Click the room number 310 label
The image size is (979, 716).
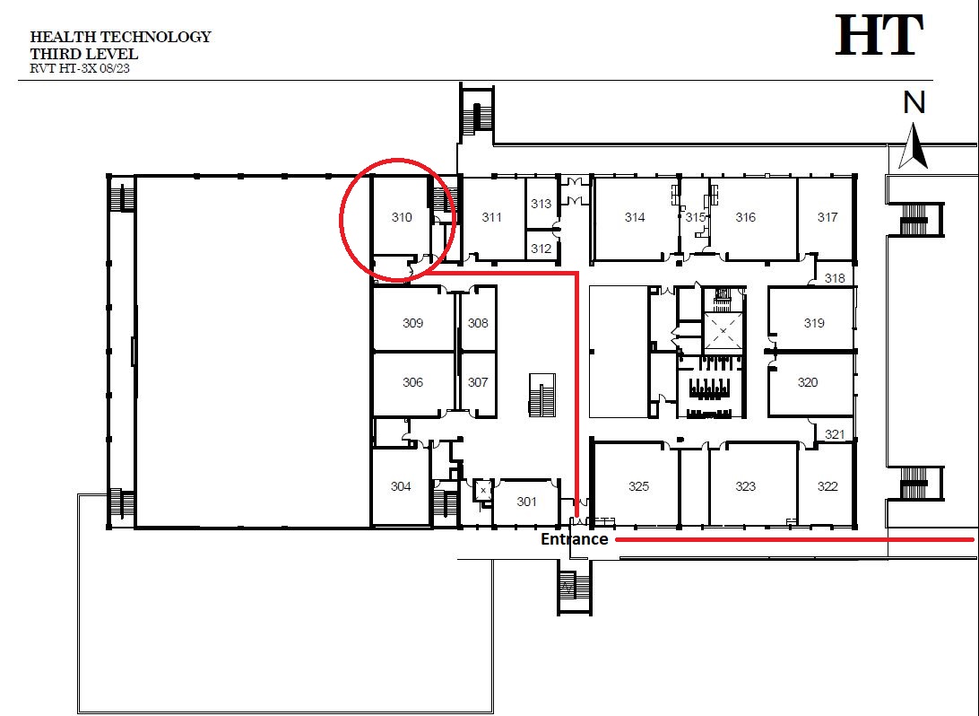pos(402,217)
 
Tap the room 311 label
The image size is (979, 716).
pos(491,217)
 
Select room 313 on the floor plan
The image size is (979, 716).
pos(541,204)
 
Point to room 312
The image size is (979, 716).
pos(541,248)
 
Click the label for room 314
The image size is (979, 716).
pos(635,217)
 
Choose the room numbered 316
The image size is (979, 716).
pos(746,217)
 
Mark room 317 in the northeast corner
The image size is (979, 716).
pos(827,217)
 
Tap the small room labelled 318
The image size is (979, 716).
pos(835,278)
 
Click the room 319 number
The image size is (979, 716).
pos(814,323)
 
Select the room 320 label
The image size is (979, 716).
pos(807,381)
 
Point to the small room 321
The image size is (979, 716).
pos(835,434)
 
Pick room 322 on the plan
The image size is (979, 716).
pos(827,486)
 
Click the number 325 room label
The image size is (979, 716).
pos(638,486)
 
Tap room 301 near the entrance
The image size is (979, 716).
pos(526,501)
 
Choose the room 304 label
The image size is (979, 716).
pos(401,486)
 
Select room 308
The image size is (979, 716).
pos(478,323)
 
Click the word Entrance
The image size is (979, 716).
pos(575,538)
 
